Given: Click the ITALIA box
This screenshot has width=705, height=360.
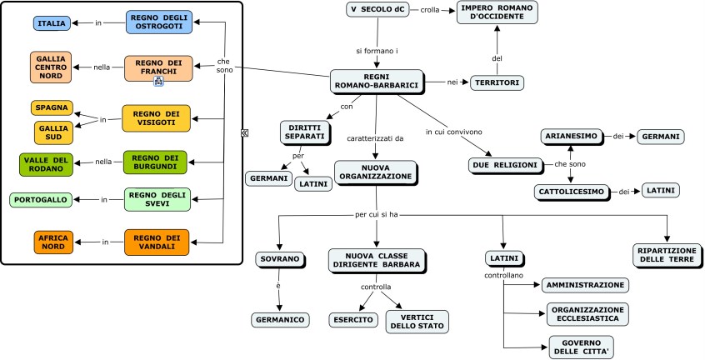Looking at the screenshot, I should coord(52,23).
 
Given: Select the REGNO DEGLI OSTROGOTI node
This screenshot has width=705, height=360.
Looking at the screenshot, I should coord(160,22).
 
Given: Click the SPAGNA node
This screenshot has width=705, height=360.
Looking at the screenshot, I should coord(51,107).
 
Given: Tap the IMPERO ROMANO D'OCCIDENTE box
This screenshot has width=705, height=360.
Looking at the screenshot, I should coord(497,13).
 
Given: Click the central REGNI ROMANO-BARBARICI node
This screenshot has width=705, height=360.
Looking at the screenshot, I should coord(376,81).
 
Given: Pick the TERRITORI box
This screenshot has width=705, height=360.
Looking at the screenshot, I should coord(497,82).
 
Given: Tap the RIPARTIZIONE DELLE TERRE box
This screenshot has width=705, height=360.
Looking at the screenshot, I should coord(666,255).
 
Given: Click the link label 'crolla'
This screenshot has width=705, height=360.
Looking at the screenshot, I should coord(430,9).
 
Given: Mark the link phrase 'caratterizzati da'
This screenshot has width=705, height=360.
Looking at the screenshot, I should coord(375,138).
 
